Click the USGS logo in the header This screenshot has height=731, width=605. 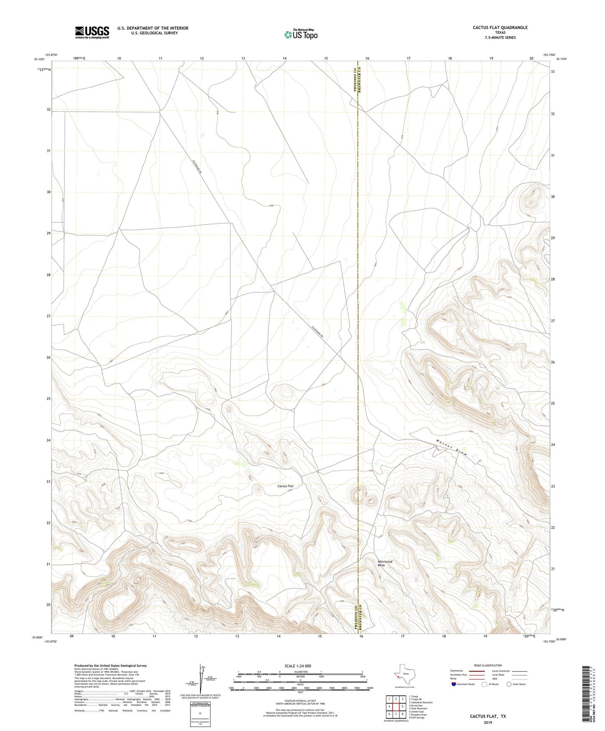(92, 32)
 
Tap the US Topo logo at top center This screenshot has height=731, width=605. (300, 34)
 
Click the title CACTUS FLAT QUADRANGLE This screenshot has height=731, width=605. (500, 28)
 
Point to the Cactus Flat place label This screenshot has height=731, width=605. (286, 486)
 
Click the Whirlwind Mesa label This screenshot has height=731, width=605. (384, 563)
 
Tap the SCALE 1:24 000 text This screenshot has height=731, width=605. (298, 666)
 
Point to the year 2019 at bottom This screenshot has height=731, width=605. (488, 722)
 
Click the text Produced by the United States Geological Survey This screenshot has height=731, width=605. (111, 666)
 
